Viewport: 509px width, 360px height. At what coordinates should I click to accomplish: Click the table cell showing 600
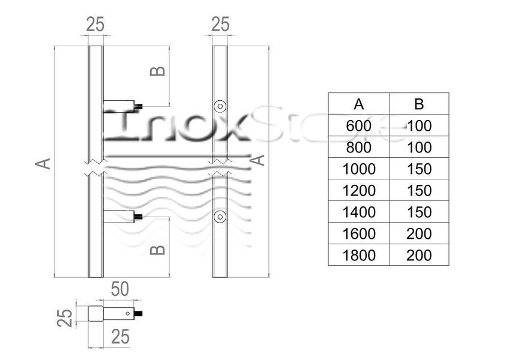(x=358, y=125)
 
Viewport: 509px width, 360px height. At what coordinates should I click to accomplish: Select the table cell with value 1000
(x=359, y=169)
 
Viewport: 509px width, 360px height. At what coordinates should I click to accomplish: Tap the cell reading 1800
(x=359, y=255)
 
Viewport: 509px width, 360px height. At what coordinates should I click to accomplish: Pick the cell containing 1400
(x=359, y=212)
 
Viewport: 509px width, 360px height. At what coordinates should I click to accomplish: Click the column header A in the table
(x=359, y=104)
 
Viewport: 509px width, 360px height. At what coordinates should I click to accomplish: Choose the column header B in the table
(x=419, y=104)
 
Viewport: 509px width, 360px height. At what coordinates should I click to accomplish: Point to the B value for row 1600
(x=419, y=234)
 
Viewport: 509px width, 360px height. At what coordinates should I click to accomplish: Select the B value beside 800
(x=419, y=148)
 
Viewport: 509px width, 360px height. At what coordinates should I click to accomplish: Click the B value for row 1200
(x=419, y=191)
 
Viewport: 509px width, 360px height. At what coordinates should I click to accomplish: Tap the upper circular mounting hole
(x=220, y=106)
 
